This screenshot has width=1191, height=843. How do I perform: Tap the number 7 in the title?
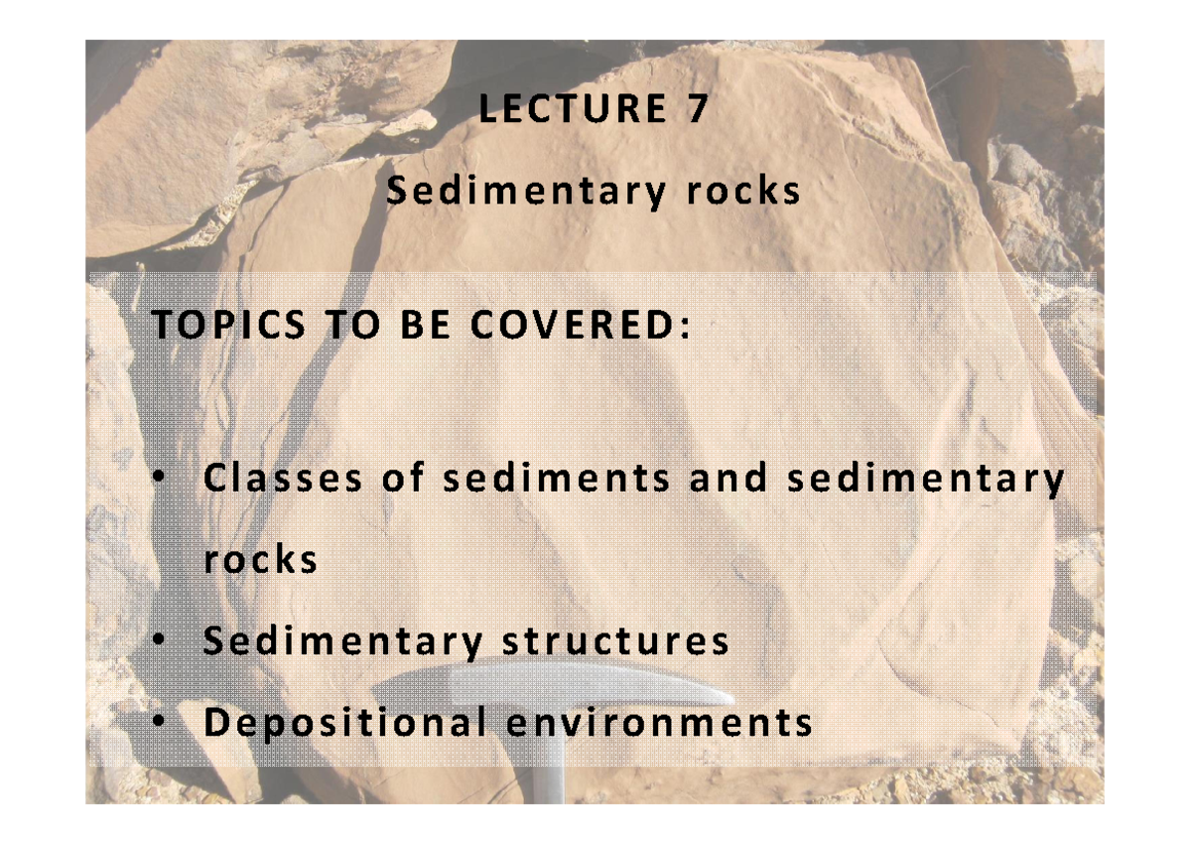699,109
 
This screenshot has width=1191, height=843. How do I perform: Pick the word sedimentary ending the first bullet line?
925,481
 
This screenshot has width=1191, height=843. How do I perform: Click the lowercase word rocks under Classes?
260,560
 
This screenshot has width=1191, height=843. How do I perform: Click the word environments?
660,723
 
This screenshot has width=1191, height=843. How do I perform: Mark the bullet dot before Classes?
160,480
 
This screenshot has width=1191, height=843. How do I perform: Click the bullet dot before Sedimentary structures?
160,641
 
